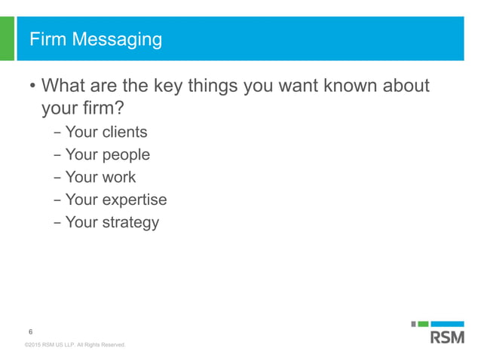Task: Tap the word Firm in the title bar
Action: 47,39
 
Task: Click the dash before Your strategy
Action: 58,223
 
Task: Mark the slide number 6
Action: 30,332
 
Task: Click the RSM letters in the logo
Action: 447,337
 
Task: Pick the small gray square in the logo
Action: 414,324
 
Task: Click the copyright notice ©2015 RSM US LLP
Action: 74,345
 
